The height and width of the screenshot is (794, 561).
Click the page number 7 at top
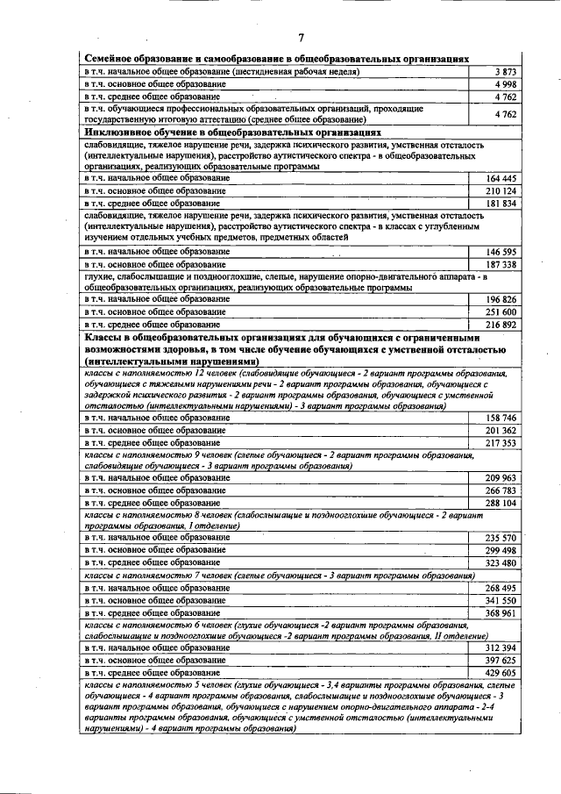(300, 37)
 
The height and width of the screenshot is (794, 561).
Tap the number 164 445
(501, 179)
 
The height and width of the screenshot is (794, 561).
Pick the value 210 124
(501, 191)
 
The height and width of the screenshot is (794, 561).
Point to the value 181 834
(501, 204)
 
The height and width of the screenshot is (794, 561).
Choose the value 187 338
(501, 264)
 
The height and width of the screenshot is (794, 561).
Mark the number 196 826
(501, 300)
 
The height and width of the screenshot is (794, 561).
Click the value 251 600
(501, 312)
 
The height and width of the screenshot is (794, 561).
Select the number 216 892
(501, 325)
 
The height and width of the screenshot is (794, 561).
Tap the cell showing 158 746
(501, 419)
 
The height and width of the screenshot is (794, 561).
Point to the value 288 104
(501, 504)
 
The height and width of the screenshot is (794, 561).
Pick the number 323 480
(501, 562)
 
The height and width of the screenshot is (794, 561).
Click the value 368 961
(501, 612)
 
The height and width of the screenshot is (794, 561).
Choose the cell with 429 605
(501, 672)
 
